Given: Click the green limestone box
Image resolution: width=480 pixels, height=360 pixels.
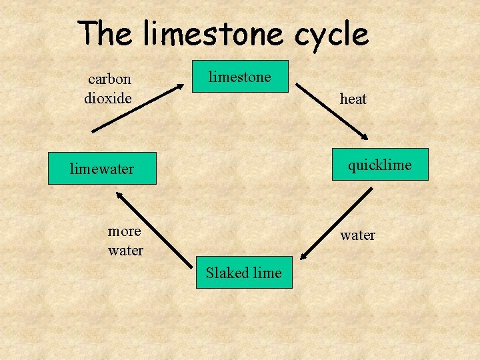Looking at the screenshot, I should [x=241, y=77].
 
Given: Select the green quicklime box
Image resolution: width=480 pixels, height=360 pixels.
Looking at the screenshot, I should [x=380, y=165].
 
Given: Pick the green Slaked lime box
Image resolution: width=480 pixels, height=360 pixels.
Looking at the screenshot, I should [x=244, y=272].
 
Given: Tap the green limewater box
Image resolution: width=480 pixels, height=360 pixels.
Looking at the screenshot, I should [x=102, y=169].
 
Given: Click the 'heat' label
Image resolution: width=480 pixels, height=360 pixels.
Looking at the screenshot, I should [x=353, y=99].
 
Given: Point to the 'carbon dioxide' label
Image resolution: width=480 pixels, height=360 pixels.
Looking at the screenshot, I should [x=109, y=89].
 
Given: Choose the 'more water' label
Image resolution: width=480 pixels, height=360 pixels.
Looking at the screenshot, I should [x=125, y=241].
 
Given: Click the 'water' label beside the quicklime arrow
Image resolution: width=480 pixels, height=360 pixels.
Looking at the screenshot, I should [x=357, y=235].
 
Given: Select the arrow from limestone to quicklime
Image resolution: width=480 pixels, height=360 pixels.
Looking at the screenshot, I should [x=331, y=111].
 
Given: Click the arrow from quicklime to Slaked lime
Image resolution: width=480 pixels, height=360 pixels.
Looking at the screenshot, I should [x=336, y=223].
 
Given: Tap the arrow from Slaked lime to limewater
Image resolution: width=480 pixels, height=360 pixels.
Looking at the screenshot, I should [x=153, y=225].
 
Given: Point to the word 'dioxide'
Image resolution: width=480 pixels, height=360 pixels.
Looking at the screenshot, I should [x=108, y=98].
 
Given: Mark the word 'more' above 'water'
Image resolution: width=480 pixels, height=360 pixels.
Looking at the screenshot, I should [x=125, y=231].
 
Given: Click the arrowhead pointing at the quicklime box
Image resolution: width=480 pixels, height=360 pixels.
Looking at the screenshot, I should [x=363, y=136].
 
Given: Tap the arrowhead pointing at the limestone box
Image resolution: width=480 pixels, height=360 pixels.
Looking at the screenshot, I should [x=182, y=85].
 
